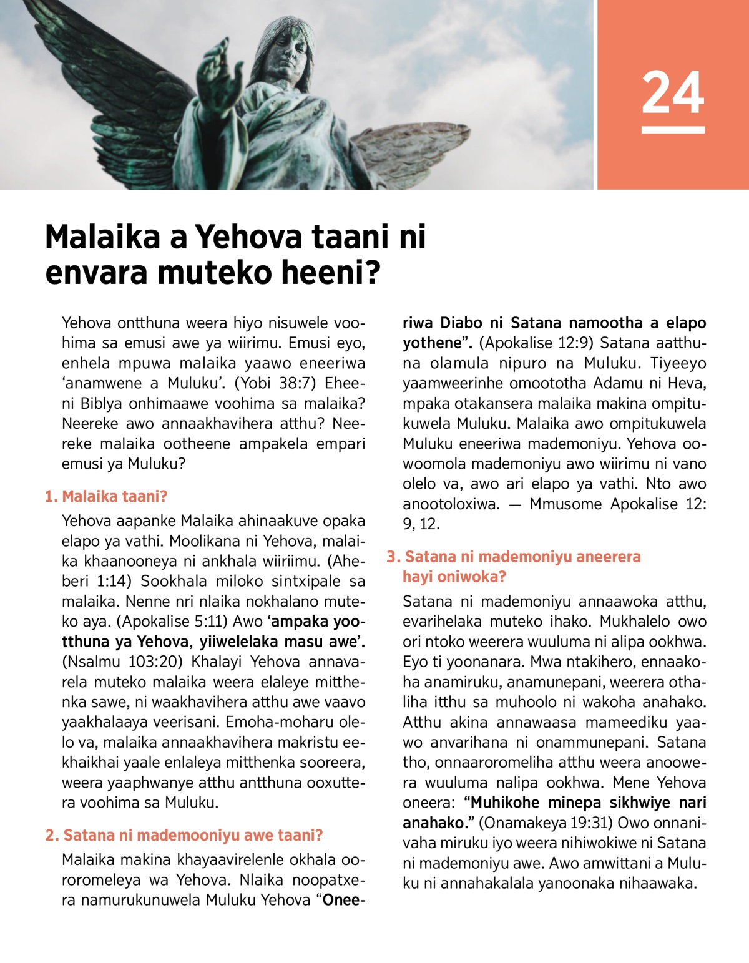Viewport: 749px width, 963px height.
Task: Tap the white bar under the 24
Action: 673,130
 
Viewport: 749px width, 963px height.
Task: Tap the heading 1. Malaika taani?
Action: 106,497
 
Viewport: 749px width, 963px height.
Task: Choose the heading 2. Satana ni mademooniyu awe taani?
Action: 184,836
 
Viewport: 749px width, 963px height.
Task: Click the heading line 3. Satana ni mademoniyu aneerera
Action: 514,557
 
